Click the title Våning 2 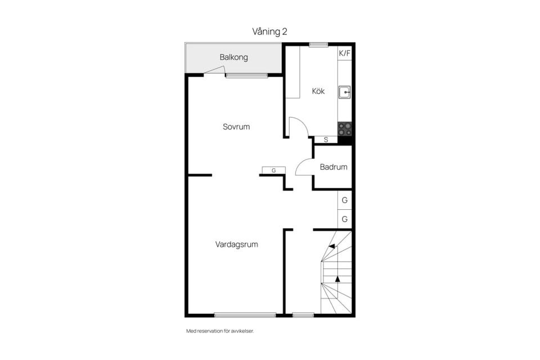tap(269, 31)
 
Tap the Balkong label tap(234, 57)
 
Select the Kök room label tap(318, 91)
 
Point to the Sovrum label tap(236, 127)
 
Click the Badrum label tap(334, 167)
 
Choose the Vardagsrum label tap(237, 245)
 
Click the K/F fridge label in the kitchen tap(344, 53)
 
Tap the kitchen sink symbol tap(344, 92)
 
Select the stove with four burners tap(345, 129)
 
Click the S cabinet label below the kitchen tap(326, 140)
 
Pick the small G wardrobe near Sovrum tap(274, 170)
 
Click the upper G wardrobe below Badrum tap(344, 200)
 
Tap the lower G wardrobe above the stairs tap(344, 219)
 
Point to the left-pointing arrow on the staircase tap(332, 246)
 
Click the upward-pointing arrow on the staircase tap(337, 279)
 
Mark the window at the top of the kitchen tap(318, 44)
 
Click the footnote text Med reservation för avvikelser tap(220, 331)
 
